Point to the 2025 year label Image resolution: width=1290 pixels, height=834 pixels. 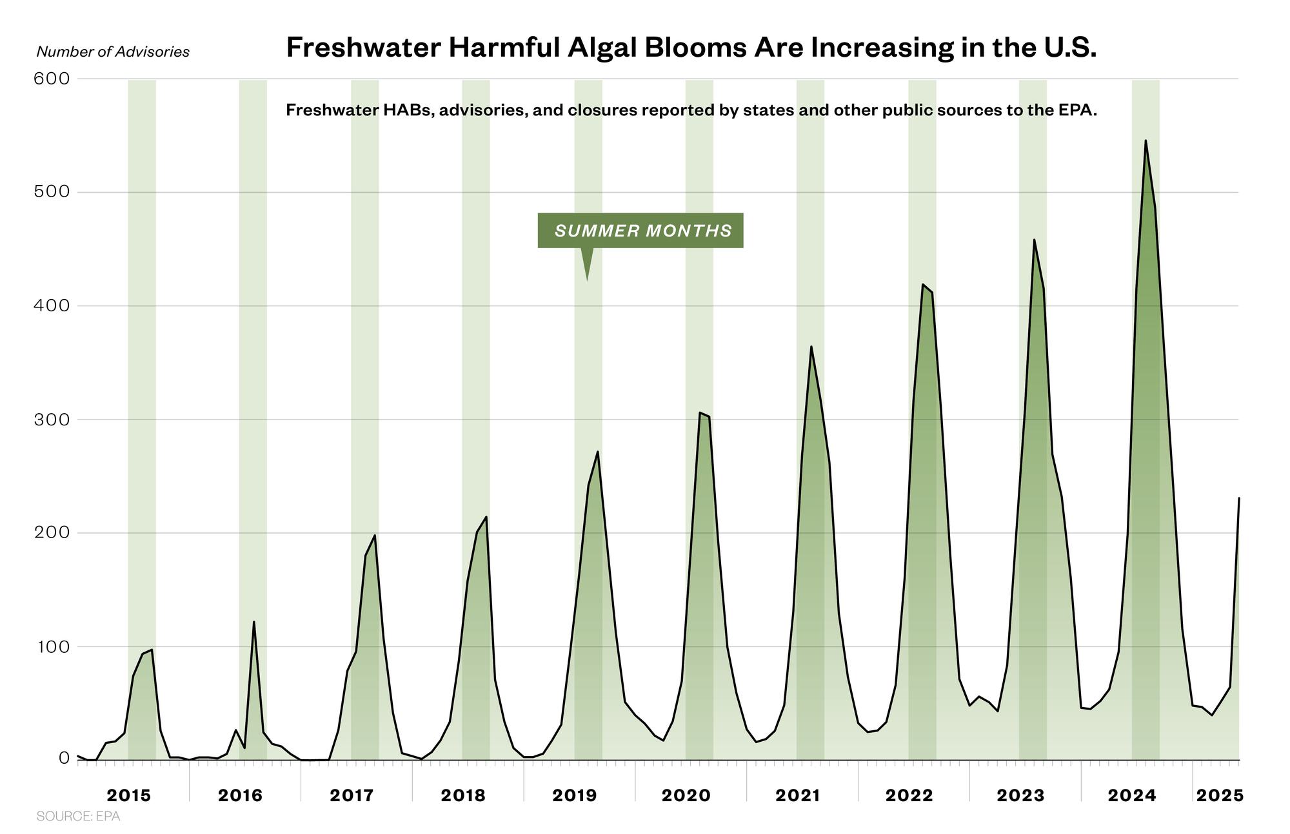(1220, 795)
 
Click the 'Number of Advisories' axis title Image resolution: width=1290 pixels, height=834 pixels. (113, 52)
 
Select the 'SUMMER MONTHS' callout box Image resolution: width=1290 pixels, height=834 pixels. (640, 230)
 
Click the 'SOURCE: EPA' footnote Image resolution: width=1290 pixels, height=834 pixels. (78, 817)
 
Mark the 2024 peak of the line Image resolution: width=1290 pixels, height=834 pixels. (1146, 141)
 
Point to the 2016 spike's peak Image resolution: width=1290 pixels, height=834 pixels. (253, 622)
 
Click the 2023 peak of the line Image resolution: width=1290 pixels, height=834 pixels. (1034, 240)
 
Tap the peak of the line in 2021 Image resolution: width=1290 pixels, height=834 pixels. (811, 347)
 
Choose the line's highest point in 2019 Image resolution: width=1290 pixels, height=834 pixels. (598, 451)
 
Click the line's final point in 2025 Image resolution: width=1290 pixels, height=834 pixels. (1238, 498)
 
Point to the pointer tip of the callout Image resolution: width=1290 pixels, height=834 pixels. (587, 280)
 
